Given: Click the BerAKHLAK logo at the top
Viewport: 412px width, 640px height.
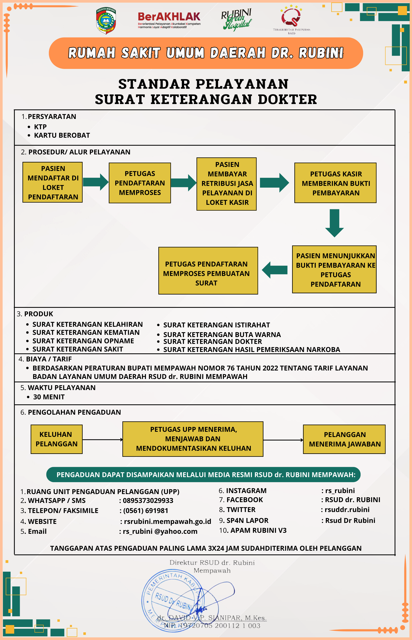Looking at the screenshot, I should [169, 20].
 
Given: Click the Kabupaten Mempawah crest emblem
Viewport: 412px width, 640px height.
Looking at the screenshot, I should [106, 21].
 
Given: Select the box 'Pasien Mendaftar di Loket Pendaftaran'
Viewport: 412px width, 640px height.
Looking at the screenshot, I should [52, 182].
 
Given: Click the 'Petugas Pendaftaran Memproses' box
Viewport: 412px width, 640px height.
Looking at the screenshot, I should [140, 183].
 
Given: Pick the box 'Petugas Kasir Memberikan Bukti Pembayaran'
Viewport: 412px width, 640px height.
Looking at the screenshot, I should [335, 183].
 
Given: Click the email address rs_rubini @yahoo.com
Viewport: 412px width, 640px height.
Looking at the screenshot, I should [160, 531].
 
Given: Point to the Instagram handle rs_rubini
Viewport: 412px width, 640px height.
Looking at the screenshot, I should [340, 490].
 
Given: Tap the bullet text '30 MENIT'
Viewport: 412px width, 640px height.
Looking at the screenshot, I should [49, 397].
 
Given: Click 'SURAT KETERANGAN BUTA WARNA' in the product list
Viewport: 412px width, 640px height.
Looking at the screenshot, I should [222, 334].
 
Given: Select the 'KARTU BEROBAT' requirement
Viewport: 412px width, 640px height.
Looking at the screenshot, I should [62, 135].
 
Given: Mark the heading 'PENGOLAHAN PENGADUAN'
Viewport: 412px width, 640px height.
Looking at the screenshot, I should [74, 412].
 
